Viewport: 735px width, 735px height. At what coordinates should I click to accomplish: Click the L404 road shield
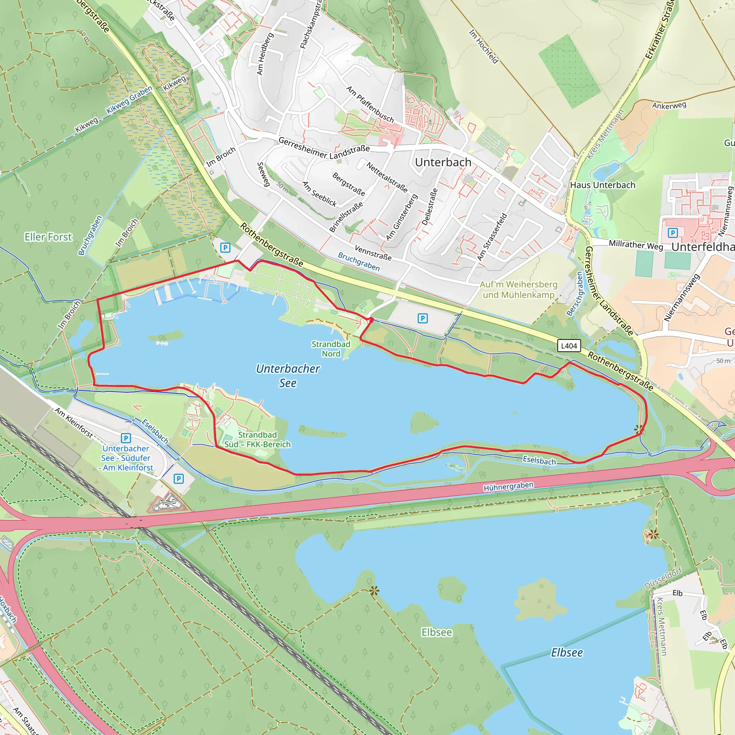pyautogui.click(x=569, y=346)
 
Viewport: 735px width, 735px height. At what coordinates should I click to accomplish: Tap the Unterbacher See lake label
pyautogui.click(x=287, y=376)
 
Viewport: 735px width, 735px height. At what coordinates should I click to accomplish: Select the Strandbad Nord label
pyautogui.click(x=331, y=349)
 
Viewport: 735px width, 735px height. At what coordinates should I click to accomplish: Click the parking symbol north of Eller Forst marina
pyautogui.click(x=225, y=248)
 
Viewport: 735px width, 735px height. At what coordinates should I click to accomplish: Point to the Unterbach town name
pyautogui.click(x=443, y=163)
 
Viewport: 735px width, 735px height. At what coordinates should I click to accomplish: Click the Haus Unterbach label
pyautogui.click(x=603, y=185)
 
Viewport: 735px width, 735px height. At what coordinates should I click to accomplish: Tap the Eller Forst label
pyautogui.click(x=48, y=237)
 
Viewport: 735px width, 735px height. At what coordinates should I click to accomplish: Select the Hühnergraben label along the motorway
pyautogui.click(x=508, y=486)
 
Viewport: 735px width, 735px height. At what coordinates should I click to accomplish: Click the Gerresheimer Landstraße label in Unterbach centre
pyautogui.click(x=324, y=148)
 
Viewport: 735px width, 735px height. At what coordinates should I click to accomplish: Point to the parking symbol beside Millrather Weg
pyautogui.click(x=673, y=233)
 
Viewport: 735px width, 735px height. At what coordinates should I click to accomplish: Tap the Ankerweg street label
pyautogui.click(x=669, y=106)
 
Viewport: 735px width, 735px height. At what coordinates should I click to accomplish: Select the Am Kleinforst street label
pyautogui.click(x=74, y=423)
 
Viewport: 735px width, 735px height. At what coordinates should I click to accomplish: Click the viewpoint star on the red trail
pyautogui.click(x=639, y=430)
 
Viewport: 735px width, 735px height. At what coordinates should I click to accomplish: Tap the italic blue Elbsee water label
pyautogui.click(x=567, y=652)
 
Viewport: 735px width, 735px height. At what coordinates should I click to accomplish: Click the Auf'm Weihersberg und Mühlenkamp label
pyautogui.click(x=519, y=290)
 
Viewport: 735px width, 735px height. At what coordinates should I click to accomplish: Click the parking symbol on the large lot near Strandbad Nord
pyautogui.click(x=422, y=318)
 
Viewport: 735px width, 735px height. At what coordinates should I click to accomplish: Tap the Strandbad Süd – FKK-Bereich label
pyautogui.click(x=258, y=439)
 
